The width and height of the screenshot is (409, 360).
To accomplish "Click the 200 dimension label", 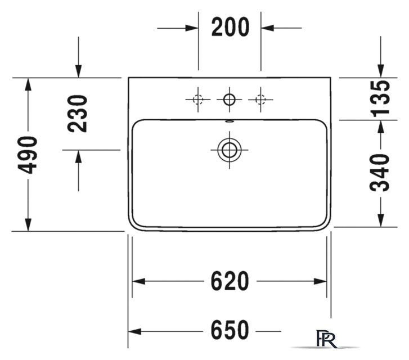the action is click(x=230, y=27).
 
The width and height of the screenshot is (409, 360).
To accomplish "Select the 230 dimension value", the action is click(x=78, y=114).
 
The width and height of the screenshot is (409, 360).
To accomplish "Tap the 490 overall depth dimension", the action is click(x=28, y=155).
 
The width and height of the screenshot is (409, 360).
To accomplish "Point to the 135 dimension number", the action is click(x=380, y=98).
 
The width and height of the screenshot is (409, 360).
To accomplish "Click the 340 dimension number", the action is click(x=380, y=173).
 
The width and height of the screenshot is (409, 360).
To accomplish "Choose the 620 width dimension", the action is click(x=230, y=281).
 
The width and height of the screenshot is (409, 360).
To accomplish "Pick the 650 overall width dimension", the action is click(x=230, y=330).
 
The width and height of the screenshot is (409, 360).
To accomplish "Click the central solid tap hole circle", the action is click(x=230, y=100).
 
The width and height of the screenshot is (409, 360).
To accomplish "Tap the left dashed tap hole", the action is click(x=198, y=100).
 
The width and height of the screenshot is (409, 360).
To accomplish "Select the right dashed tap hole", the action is click(x=260, y=100).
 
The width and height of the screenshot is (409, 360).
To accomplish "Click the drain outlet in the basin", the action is click(x=230, y=150).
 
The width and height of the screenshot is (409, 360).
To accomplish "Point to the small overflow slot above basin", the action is click(x=230, y=121).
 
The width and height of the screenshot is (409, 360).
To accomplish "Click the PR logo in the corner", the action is click(x=326, y=339).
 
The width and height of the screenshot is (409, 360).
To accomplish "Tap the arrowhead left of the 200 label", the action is click(x=192, y=28).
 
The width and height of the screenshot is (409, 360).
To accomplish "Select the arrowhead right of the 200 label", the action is click(x=267, y=28).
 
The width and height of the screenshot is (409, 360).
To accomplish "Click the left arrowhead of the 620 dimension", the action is click(x=139, y=281).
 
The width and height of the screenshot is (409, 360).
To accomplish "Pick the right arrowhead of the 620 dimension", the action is click(x=320, y=281).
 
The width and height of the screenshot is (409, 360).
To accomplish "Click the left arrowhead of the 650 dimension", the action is click(x=134, y=331).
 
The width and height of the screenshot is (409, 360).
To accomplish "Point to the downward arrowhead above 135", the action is click(x=381, y=71).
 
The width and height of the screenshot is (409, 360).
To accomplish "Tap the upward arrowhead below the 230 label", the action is click(x=79, y=157).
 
